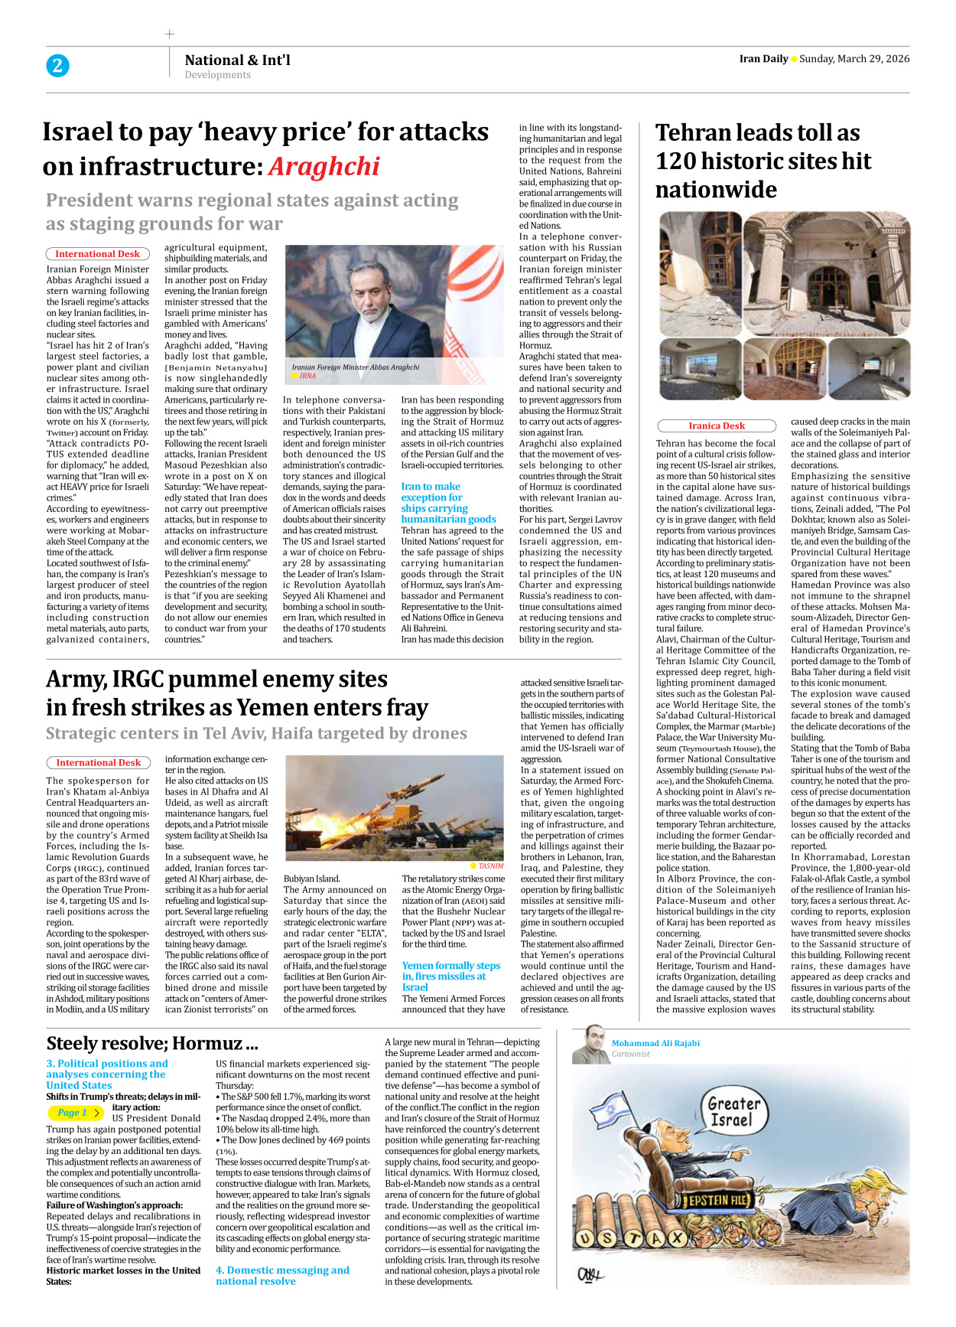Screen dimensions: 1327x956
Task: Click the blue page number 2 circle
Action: pos(57,66)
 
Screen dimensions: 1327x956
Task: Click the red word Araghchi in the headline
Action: pos(324,167)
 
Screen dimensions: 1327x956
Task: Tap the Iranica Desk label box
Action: pos(717,425)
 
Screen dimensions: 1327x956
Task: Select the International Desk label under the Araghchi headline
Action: pos(97,253)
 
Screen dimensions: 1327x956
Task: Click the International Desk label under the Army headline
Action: pos(98,762)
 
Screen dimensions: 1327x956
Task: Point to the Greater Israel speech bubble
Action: pos(733,1112)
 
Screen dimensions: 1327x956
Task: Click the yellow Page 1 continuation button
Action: pos(76,1113)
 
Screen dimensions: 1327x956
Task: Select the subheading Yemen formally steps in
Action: pos(450,976)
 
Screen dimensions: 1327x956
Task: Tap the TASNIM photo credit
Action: pos(490,866)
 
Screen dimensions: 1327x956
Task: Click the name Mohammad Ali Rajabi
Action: pos(655,1043)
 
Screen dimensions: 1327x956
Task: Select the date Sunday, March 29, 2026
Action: pos(854,59)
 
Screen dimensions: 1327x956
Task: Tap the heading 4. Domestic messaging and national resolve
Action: pos(282,1275)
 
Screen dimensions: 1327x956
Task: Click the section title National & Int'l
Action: pos(237,60)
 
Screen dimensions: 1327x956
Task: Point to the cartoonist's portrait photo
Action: pos(590,1045)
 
